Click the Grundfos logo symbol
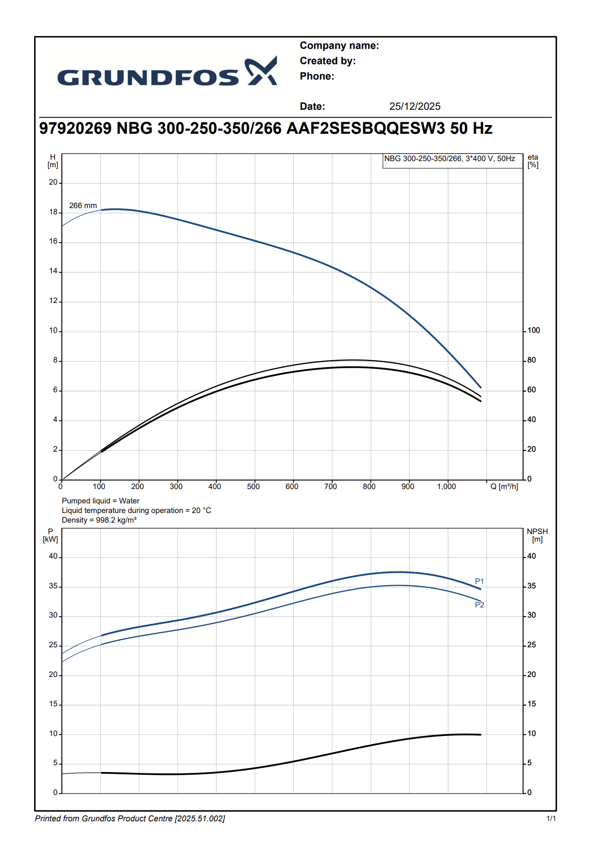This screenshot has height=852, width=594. coord(261,71)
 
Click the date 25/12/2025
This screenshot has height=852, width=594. coord(415,106)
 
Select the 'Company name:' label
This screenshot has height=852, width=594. coord(339,46)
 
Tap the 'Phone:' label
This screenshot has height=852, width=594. coord(317,76)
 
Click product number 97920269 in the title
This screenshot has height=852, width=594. coord(75,128)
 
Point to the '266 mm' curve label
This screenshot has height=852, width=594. coord(83,206)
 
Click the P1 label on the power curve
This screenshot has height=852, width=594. coord(479,582)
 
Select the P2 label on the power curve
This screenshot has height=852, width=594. coord(479,605)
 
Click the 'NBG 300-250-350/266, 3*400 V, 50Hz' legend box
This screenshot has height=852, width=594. coord(450,159)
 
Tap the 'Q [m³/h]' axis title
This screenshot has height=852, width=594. coord(504,487)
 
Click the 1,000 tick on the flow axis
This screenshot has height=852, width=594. coord(446,487)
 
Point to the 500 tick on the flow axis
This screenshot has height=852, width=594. coord(253,487)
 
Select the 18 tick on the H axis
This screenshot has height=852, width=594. coord(53,212)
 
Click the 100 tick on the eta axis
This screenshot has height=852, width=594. coord(534,330)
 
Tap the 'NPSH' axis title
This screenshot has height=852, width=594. coord(537,532)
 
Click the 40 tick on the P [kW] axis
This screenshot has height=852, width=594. coord(53,556)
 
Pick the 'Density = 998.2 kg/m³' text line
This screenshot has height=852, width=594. coord(99,520)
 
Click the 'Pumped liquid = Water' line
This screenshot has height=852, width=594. coord(101,501)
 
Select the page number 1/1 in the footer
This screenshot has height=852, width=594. coord(551,818)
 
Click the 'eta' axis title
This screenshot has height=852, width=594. coord(533,157)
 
